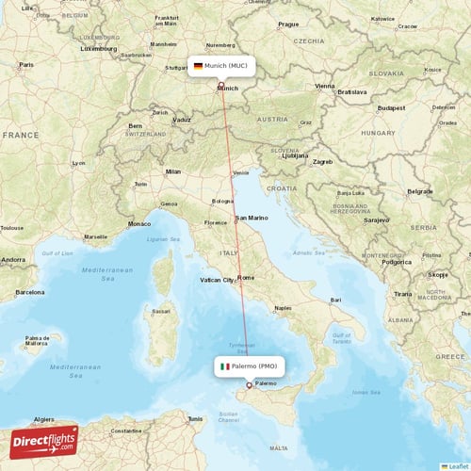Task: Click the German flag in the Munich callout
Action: coord(198,66)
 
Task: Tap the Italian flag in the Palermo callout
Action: coord(224,365)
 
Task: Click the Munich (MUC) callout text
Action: coord(225,66)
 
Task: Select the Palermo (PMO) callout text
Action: coord(253,365)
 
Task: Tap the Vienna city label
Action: coord(325,86)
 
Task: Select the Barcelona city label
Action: coord(28,292)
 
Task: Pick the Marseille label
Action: coord(95,236)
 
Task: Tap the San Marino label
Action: coord(252,219)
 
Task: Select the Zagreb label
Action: coord(323,161)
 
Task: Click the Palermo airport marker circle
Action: coord(249,384)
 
